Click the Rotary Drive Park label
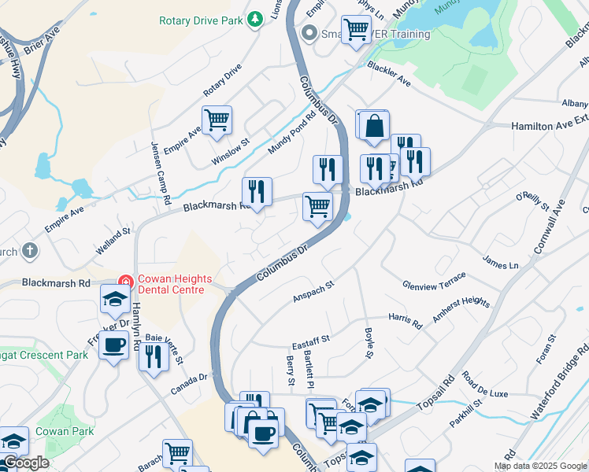pos(200,21)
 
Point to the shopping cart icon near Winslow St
pos(217,120)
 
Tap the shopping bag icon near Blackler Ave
pos(375,126)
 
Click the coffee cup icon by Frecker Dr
pos(114,345)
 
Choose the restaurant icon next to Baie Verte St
pos(153,356)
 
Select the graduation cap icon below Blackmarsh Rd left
pos(115,298)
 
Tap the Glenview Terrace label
pos(434,282)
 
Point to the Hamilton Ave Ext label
pos(550,125)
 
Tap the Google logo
pos(26,463)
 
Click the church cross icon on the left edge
pos(29,252)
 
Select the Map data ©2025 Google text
pos(539,466)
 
